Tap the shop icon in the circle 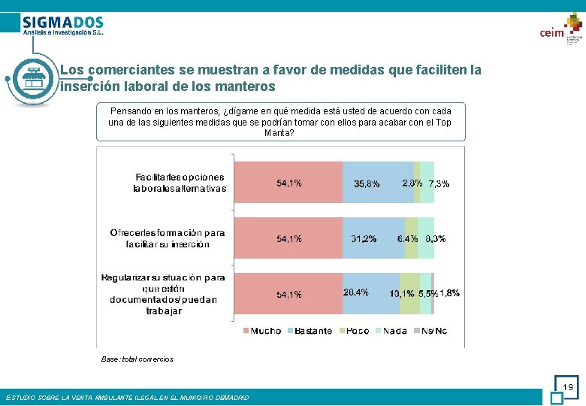32,78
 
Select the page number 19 568,387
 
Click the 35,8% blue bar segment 378,183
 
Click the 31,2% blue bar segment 373,238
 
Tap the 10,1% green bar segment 409,293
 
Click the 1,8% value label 449,293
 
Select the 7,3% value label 439,183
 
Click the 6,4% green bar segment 411,238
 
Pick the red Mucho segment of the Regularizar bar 288,293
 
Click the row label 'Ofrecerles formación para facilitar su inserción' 167,238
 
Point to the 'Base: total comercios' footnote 137,359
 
